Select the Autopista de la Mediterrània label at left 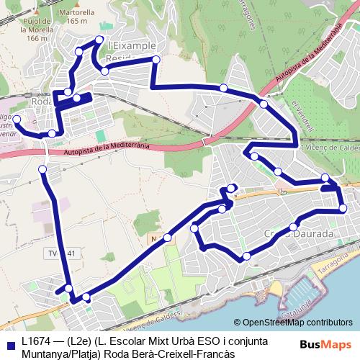tap(106, 149)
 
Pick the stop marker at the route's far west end tap(17, 119)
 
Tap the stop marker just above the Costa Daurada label tap(294, 227)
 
